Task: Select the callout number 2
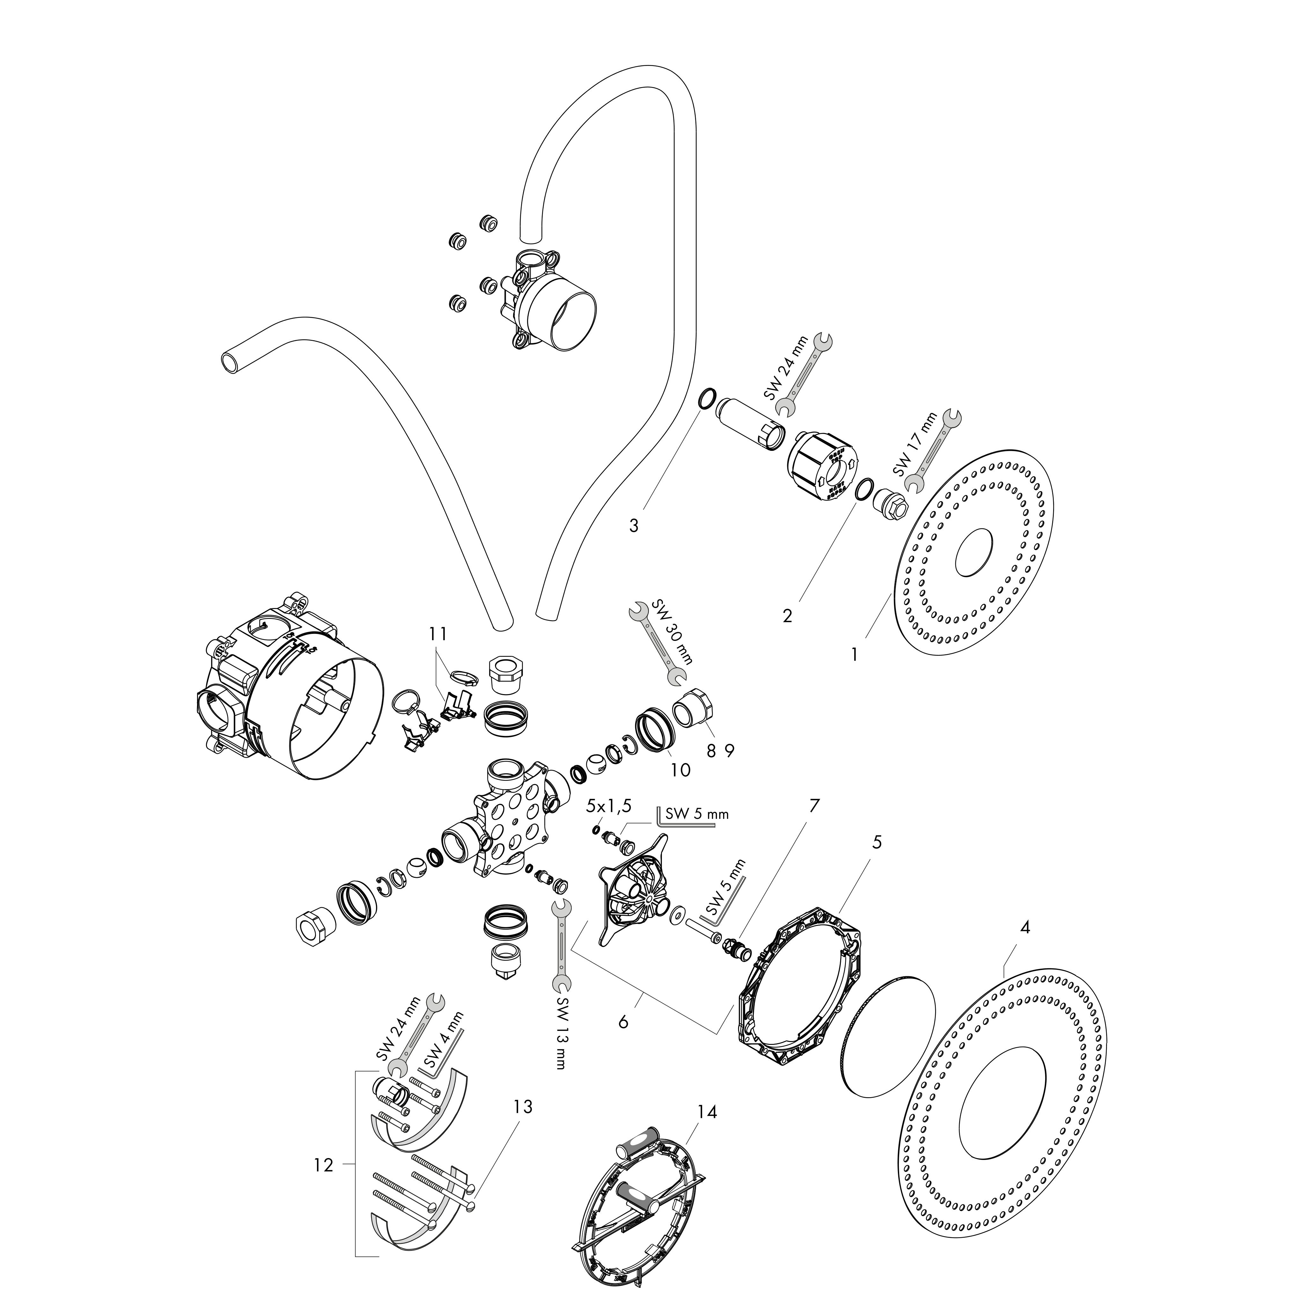[x=787, y=616]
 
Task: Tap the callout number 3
[x=634, y=525]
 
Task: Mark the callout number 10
[x=681, y=769]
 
